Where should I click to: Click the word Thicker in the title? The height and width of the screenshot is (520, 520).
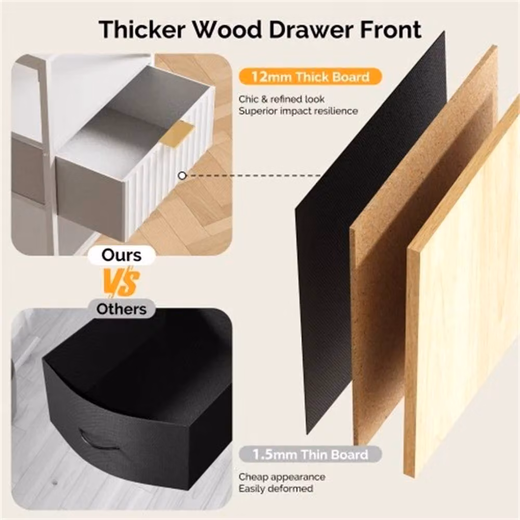[x=142, y=30]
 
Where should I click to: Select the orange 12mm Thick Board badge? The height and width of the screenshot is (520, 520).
[x=310, y=76]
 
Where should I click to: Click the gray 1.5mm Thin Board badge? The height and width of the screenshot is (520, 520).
[x=310, y=454]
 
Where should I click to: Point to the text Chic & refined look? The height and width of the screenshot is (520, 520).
[x=281, y=99]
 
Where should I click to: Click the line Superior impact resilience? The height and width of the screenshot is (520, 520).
[x=298, y=111]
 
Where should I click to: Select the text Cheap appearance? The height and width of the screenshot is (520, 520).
[x=282, y=477]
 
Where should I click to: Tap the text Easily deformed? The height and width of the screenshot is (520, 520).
[x=276, y=488]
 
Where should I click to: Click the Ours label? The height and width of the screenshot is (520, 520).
[x=121, y=255]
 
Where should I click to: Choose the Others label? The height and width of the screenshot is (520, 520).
[x=121, y=309]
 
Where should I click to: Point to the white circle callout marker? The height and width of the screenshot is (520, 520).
[x=182, y=176]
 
